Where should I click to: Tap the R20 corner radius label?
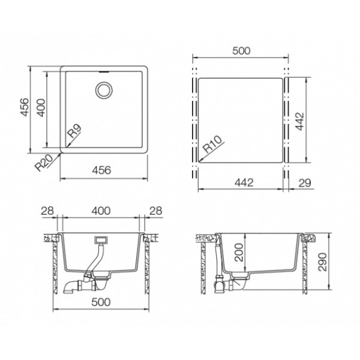point(44,163)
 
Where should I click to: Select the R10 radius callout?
point(213,144)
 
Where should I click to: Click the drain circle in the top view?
point(104,90)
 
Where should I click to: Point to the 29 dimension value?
point(305,183)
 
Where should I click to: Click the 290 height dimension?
point(323,262)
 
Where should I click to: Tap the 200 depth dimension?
point(239,253)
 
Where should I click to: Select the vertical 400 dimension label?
point(41,107)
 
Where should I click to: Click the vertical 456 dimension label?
point(25,107)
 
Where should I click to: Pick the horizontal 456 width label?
point(101,170)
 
